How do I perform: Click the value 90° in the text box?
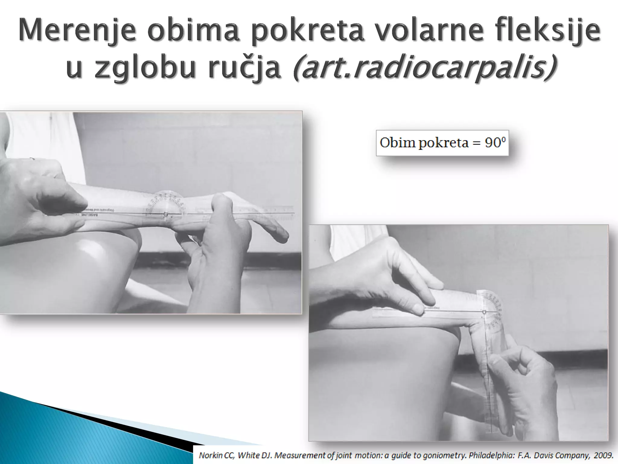tap(495, 143)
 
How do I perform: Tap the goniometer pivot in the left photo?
tap(165, 214)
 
